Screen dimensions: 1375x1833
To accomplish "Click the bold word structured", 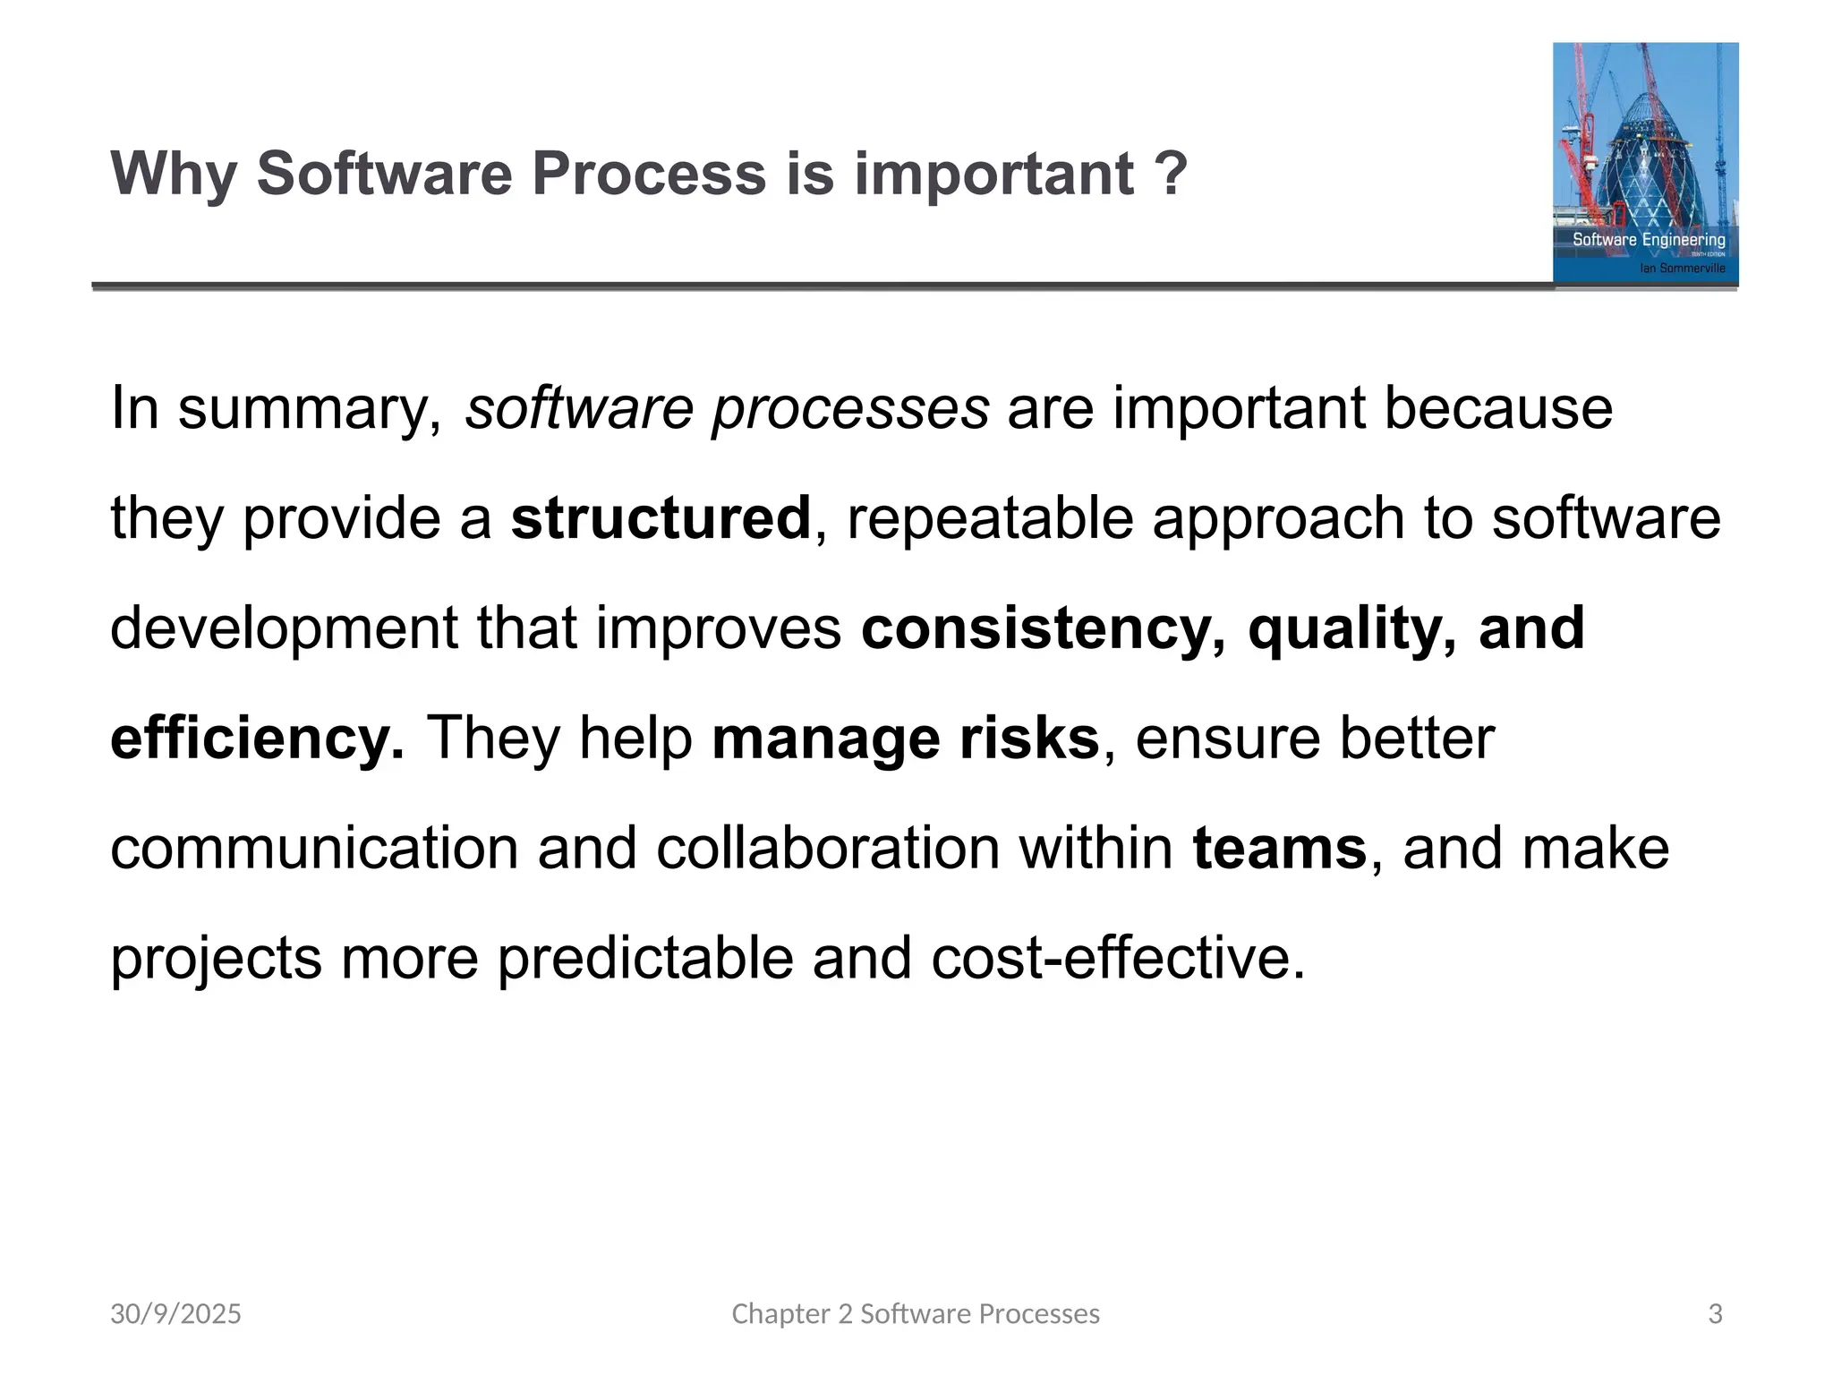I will pos(661,518).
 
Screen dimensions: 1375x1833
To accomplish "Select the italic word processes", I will pos(850,409).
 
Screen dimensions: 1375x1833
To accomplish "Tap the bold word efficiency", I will pos(257,739).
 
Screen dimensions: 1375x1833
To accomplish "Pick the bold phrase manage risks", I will pos(905,739).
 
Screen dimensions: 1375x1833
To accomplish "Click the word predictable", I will pos(645,958).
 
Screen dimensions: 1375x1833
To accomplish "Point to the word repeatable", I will pos(990,518).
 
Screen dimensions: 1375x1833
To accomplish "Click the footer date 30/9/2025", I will pos(175,1314).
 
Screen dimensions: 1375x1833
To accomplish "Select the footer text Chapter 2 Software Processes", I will pos(916,1314).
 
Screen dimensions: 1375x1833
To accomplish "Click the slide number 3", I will pos(1715,1314).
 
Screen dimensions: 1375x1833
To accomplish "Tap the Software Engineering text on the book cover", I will pos(1649,239).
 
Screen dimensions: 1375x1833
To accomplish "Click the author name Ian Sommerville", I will pos(1682,268).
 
